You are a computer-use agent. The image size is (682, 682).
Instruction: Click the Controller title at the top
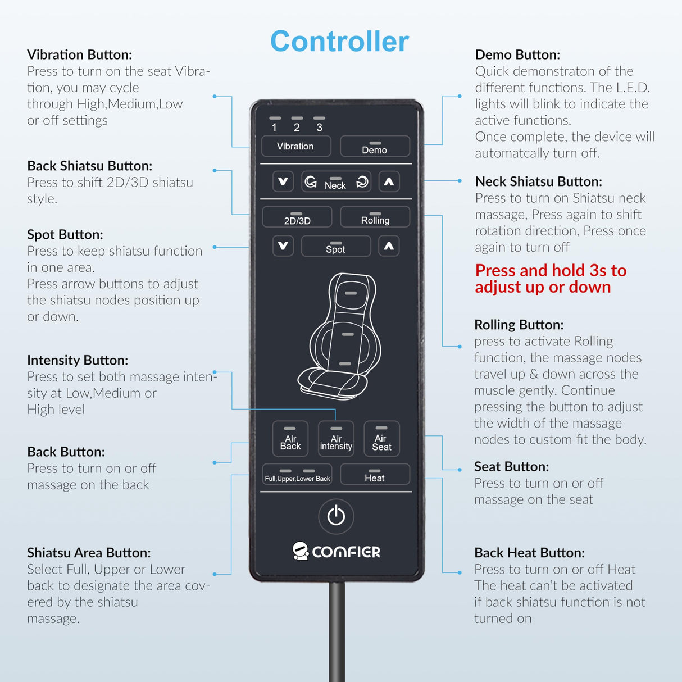click(339, 42)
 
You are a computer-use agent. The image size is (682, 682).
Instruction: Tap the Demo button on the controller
click(375, 146)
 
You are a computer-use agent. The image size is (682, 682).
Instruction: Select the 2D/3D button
click(297, 217)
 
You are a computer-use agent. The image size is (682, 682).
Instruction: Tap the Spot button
click(336, 246)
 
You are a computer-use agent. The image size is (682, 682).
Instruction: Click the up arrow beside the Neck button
click(389, 181)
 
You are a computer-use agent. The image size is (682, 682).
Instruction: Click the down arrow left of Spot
click(283, 245)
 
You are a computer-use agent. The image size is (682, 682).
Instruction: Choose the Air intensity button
click(336, 439)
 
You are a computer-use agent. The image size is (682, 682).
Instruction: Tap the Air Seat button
click(381, 439)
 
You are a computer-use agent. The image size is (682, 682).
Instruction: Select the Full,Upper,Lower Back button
click(297, 474)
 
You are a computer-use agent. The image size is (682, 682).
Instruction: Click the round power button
click(336, 516)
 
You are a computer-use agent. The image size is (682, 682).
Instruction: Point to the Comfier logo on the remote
click(336, 552)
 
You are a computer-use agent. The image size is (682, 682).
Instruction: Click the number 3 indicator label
click(319, 128)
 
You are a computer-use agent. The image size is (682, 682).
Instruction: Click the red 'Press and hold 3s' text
click(551, 279)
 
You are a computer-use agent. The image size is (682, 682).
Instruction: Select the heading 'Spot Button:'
click(65, 234)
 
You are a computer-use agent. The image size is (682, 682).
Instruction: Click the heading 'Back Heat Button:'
click(529, 552)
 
